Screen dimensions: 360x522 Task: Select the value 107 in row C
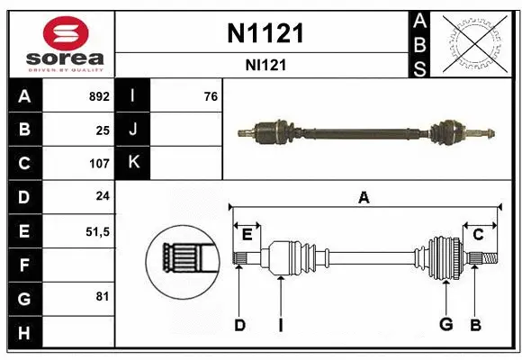[99, 164]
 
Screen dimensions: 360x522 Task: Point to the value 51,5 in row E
[97, 231]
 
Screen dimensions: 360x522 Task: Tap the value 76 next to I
[211, 96]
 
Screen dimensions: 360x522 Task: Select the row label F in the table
[23, 265]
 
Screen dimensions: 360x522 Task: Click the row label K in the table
[133, 164]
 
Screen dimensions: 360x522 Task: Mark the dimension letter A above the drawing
[364, 198]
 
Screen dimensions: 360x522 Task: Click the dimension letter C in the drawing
[478, 234]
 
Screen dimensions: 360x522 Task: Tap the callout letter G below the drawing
[445, 324]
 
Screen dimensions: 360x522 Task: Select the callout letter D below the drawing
[239, 324]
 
